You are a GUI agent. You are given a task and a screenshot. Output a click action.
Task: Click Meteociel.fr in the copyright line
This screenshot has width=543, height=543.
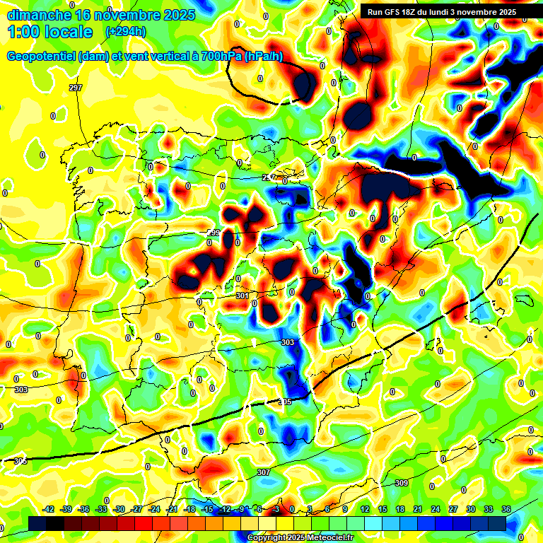coord(327,538)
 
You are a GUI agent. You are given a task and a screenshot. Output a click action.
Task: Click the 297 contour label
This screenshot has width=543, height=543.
coord(76,88)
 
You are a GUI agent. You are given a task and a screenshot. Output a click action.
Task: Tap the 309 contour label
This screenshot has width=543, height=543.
coord(401,484)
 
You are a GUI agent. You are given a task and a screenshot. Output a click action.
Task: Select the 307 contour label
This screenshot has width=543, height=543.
coord(263,472)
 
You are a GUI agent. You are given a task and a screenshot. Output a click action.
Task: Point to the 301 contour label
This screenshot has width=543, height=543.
coord(243,296)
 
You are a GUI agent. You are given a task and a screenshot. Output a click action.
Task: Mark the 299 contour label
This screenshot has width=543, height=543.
coord(214,233)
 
